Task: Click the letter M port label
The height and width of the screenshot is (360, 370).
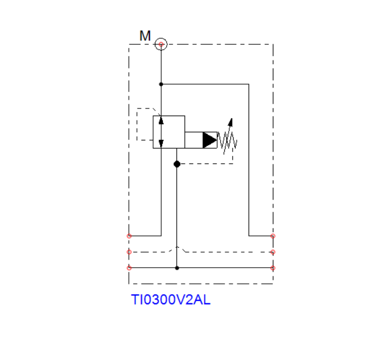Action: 145,36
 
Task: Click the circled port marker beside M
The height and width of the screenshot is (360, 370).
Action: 161,44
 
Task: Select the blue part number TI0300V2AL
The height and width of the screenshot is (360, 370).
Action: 170,300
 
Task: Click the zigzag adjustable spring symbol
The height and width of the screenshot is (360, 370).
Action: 227,140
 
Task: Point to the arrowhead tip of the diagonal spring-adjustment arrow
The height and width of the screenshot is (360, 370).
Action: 232,118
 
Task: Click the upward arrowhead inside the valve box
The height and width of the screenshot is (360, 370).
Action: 161,120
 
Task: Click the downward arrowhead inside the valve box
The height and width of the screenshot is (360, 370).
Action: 161,144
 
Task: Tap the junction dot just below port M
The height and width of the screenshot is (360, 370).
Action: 161,84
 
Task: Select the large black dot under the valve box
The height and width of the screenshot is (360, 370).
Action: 177,164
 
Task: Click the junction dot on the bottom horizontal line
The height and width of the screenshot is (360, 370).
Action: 177,268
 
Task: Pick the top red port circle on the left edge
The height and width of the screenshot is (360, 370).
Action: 129,236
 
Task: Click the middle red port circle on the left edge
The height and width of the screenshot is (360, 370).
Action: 129,252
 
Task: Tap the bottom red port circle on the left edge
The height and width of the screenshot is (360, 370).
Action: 129,268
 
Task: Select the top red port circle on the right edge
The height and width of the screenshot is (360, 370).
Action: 273,236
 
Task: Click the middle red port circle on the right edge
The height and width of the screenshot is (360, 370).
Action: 273,252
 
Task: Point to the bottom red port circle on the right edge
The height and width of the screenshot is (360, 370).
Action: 273,268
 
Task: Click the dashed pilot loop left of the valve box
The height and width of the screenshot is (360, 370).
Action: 137,124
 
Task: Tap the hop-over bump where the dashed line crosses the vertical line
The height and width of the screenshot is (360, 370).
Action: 177,247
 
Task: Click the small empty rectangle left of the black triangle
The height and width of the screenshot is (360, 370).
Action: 194,140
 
